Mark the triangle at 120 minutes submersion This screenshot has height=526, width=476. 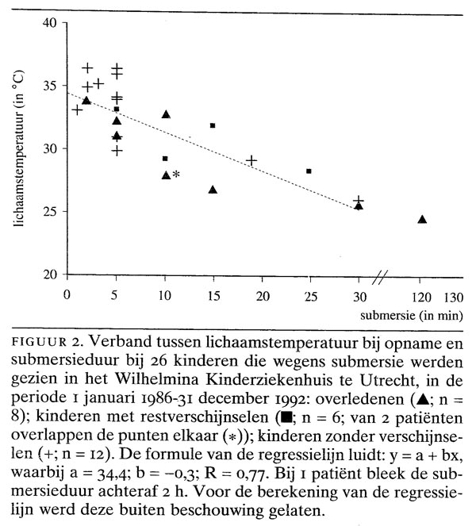tap(422, 219)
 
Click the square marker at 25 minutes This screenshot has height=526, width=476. tap(309, 171)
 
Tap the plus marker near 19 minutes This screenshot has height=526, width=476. tap(251, 160)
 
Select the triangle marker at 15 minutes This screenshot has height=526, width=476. tap(213, 189)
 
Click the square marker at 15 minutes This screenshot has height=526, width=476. tap(213, 125)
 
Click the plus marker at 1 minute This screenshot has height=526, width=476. tap(77, 109)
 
